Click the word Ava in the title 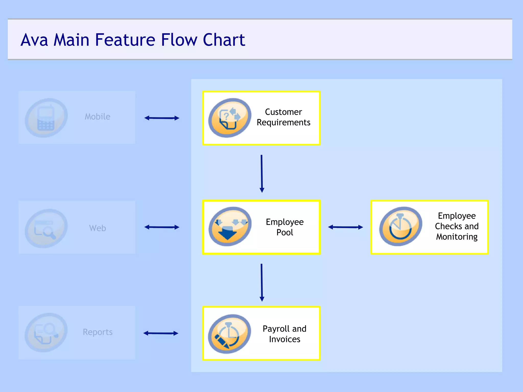34,40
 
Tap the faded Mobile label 97,117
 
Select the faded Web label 97,228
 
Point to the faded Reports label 98,332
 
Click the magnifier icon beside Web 46,228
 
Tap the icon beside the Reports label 46,333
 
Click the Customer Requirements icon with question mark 230,118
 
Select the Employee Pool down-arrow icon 230,227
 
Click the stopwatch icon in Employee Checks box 400,227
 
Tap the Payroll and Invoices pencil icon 229,334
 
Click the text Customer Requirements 283,117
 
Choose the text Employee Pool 284,227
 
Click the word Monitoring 457,237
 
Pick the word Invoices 284,339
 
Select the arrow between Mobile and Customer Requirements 162,118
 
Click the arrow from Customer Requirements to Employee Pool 261,174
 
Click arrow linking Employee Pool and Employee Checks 345,227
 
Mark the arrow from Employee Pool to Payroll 261,283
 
